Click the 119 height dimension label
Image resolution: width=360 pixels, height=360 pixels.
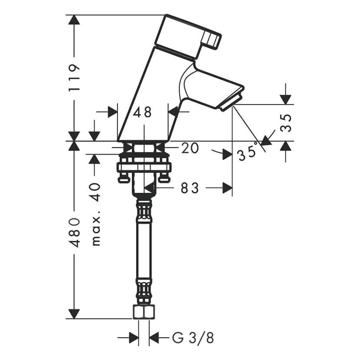[74, 77]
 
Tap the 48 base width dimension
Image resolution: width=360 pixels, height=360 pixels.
[142, 112]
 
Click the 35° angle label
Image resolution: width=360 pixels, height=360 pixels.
[247, 153]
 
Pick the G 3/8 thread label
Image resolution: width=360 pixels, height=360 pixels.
[193, 337]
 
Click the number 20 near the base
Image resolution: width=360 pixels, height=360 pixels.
[190, 148]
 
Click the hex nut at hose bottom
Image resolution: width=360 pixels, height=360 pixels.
[143, 312]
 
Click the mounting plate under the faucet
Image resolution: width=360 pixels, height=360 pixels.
[143, 167]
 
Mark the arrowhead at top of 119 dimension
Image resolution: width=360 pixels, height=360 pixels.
[74, 20]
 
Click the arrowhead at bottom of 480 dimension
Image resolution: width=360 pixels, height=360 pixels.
[74, 313]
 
